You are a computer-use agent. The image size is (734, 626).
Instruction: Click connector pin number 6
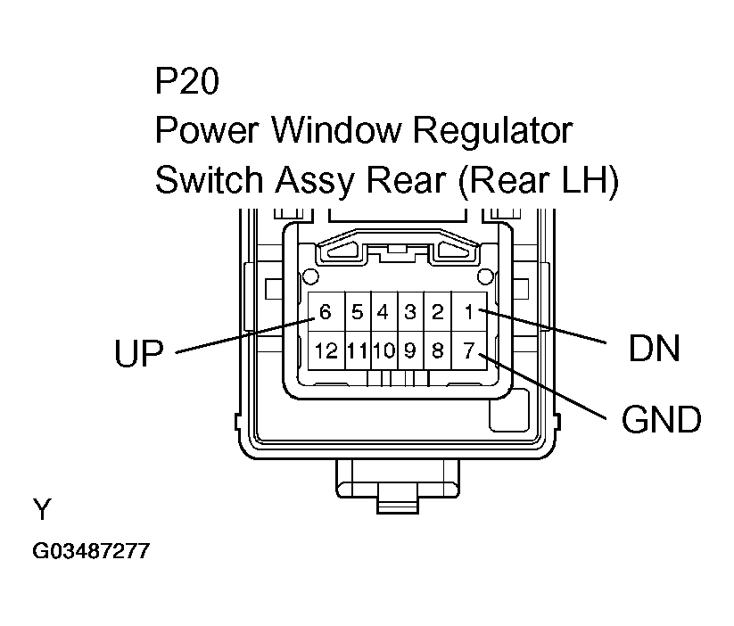326,312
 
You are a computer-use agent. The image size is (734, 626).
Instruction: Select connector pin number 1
468,312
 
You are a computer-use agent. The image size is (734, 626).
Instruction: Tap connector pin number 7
468,350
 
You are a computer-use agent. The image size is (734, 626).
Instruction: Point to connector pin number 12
326,350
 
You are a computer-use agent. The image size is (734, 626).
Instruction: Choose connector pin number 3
410,312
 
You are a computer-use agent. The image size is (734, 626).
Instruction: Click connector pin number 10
383,350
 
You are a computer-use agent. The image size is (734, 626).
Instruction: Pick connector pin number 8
437,350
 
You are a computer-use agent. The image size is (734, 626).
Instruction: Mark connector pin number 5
357,312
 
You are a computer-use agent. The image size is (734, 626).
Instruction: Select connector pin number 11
357,350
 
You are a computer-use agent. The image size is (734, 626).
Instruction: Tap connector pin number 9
410,350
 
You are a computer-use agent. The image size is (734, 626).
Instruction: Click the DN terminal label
655,349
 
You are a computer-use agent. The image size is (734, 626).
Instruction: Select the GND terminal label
661,419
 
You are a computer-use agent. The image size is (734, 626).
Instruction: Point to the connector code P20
186,83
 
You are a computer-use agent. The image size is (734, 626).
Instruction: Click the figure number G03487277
91,552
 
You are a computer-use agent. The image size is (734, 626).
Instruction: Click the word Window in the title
339,131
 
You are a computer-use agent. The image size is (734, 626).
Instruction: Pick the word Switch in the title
209,181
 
